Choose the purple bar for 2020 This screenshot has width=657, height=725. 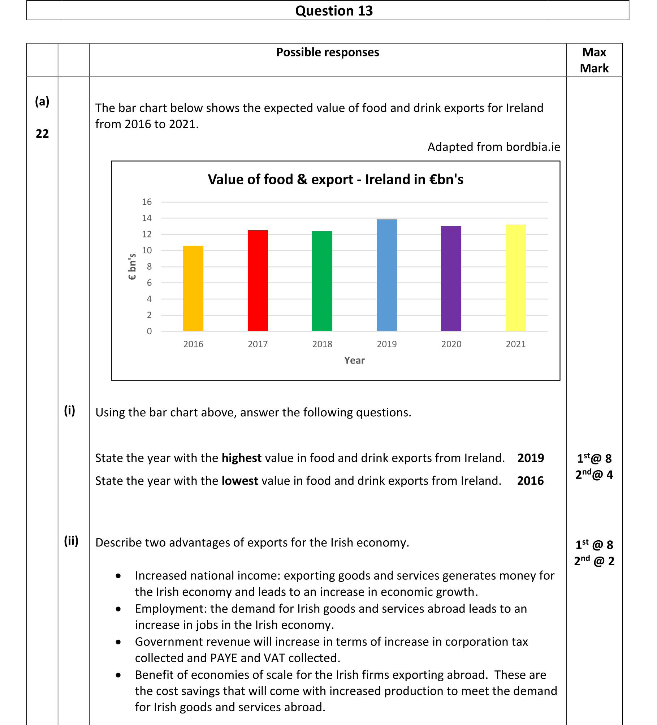tap(451, 279)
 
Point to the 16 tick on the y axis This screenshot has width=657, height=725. tap(147, 202)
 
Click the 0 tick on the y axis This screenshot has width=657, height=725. tap(149, 331)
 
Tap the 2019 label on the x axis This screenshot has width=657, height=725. tap(386, 344)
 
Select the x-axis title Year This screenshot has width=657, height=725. tap(354, 360)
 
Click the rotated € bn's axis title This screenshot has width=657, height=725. tap(132, 267)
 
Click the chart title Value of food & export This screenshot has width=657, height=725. tap(335, 180)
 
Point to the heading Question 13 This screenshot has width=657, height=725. tap(334, 11)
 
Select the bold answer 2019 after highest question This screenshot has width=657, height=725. tap(530, 458)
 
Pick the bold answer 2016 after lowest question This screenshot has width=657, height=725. tap(530, 481)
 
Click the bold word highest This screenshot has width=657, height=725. tap(241, 458)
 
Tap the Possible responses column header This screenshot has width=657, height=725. tap(327, 52)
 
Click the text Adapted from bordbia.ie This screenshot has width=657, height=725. tap(494, 147)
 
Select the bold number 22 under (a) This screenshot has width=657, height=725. tap(42, 134)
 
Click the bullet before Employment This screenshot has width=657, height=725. tap(118, 609)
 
